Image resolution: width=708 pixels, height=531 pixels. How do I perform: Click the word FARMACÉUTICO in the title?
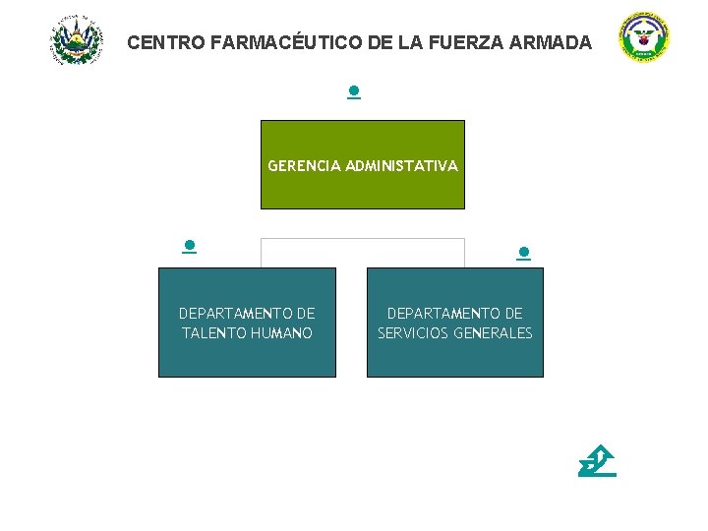pyautogui.click(x=271, y=43)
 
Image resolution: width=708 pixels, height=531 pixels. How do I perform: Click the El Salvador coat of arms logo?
pyautogui.click(x=76, y=40)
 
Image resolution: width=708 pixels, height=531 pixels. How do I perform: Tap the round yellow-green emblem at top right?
pyautogui.click(x=644, y=38)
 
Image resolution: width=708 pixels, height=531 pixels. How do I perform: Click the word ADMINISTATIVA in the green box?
pyautogui.click(x=401, y=166)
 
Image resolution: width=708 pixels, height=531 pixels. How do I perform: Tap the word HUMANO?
pyautogui.click(x=282, y=333)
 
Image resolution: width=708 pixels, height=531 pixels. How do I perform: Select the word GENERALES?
pyautogui.click(x=497, y=333)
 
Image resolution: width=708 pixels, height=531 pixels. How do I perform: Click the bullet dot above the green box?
pyautogui.click(x=353, y=92)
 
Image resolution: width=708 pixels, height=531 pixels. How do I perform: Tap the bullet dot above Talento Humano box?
pyautogui.click(x=189, y=246)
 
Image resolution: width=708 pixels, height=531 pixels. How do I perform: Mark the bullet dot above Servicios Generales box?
pyautogui.click(x=524, y=253)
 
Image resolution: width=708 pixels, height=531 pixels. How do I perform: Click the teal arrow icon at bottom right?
pyautogui.click(x=597, y=461)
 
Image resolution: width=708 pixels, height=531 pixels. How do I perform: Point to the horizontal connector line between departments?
pyautogui.click(x=362, y=238)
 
